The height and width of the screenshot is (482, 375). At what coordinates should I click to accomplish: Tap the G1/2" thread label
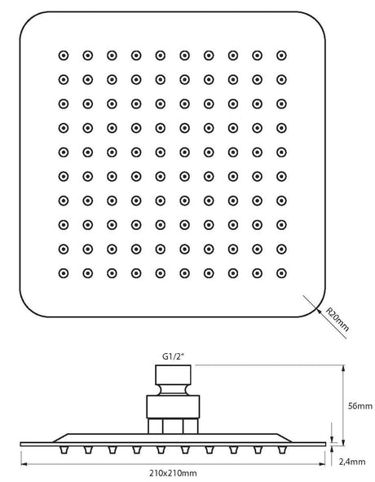click(173, 356)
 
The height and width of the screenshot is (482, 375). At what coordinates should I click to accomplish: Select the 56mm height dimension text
click(360, 406)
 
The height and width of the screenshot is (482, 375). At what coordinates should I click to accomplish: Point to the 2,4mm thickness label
click(352, 462)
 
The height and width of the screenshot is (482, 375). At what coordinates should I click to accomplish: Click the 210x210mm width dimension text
click(173, 473)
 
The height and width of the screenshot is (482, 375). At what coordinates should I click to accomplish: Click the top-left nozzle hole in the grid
click(64, 55)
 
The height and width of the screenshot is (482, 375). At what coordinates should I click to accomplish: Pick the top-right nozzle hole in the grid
click(281, 55)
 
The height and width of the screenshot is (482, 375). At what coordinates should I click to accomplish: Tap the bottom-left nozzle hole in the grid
click(64, 273)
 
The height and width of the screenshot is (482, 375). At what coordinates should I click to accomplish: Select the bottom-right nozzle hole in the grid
click(281, 273)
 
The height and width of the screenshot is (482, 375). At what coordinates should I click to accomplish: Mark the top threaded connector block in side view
click(173, 374)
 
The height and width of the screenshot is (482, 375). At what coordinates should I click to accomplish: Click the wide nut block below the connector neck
click(173, 407)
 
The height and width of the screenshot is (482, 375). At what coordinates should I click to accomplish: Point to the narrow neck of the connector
click(173, 390)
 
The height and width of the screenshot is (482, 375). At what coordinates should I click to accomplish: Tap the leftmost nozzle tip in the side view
click(64, 450)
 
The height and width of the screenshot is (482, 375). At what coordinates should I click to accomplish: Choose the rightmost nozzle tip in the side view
click(281, 450)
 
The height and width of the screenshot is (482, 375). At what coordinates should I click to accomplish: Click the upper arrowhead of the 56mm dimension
click(343, 369)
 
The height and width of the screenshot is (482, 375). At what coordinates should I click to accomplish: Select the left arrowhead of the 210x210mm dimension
click(24, 463)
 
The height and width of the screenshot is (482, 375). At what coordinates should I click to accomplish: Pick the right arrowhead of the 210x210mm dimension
click(322, 463)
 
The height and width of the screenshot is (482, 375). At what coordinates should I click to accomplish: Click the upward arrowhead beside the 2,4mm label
click(332, 449)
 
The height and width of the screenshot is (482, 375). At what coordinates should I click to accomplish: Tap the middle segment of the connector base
click(173, 426)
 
